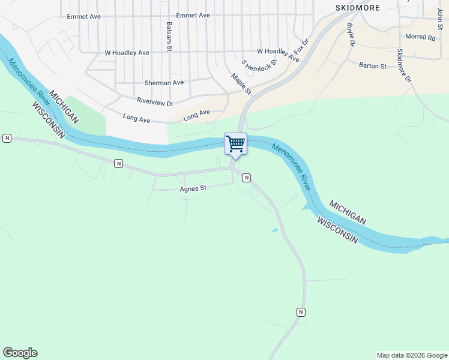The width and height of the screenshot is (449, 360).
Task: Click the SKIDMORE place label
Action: (x=358, y=7)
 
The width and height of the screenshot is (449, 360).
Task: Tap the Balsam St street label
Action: (x=170, y=36)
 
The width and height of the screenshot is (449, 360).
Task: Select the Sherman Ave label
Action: (x=164, y=82)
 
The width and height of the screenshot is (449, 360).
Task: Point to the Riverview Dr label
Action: (x=155, y=103)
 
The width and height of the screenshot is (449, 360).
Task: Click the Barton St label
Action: (x=372, y=65)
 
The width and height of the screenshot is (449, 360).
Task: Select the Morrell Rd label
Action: (x=420, y=37)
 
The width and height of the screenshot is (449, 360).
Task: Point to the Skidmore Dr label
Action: (x=405, y=66)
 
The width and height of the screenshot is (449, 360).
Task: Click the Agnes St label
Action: (x=193, y=188)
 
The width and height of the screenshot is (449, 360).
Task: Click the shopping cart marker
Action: (x=235, y=144)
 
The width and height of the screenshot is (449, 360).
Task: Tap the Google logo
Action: (x=20, y=353)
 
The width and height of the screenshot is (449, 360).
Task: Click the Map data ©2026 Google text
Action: (x=412, y=355)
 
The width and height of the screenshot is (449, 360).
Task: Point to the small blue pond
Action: (x=275, y=230)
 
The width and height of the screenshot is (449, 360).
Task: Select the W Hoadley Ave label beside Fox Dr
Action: (x=278, y=55)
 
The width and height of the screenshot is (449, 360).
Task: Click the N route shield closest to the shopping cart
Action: (x=246, y=178)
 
